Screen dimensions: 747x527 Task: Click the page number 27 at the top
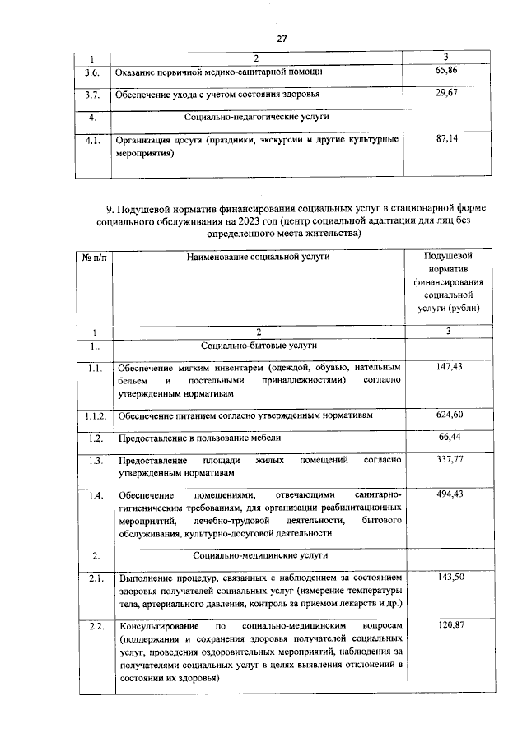(x=281, y=39)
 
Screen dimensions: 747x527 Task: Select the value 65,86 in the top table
(x=445, y=72)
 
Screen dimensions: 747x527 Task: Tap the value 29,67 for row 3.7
(x=445, y=94)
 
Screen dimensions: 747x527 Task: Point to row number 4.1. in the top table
(x=92, y=140)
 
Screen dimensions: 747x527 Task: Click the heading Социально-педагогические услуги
(x=257, y=117)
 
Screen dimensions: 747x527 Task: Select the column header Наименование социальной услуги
(x=257, y=257)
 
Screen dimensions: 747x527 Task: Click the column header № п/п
(x=93, y=257)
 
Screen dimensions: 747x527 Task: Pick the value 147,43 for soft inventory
(x=445, y=367)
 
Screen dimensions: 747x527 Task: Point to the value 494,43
(x=445, y=494)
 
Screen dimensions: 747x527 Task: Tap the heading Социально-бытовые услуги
(x=257, y=345)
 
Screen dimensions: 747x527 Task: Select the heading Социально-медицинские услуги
(x=257, y=556)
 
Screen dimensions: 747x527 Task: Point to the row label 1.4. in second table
(x=94, y=494)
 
